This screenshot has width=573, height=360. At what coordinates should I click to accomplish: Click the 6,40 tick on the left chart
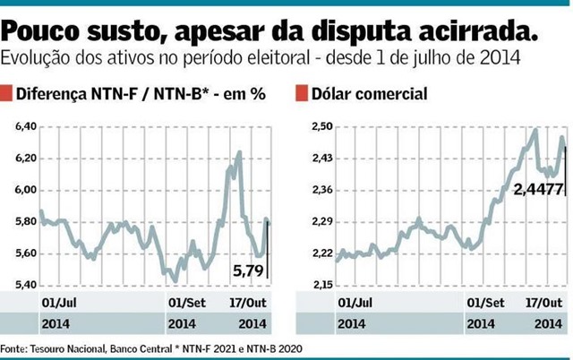27,127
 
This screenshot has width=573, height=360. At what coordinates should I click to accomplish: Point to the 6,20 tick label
27,159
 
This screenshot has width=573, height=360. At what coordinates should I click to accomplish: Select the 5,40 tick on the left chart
27,285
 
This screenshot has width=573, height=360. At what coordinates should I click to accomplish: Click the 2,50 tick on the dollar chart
320,127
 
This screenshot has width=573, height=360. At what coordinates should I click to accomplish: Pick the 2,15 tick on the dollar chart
320,285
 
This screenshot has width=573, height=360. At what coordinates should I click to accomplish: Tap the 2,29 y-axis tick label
320,221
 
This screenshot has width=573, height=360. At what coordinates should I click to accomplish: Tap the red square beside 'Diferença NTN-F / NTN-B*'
7,93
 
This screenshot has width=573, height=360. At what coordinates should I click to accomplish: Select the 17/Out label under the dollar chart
537,302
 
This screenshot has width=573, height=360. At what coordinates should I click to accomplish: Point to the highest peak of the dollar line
535,130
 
